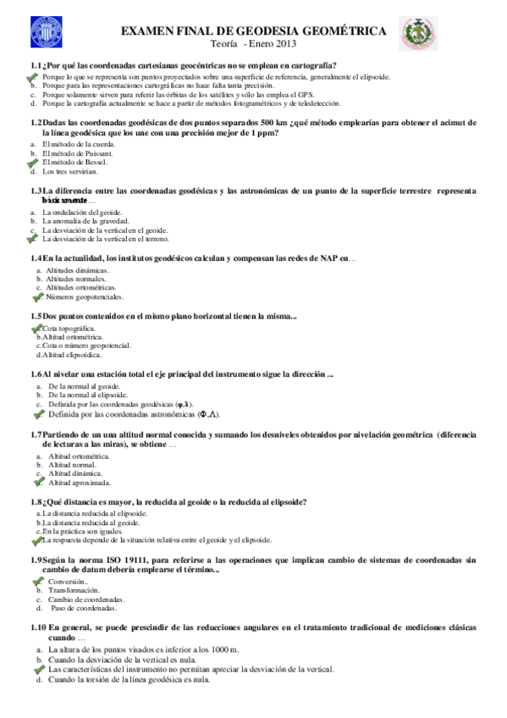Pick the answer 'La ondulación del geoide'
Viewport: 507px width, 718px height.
[82, 212]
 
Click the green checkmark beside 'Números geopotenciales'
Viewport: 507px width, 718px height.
[37, 297]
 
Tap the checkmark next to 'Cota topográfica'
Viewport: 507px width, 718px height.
[37, 329]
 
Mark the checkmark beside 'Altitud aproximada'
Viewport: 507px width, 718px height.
[37, 483]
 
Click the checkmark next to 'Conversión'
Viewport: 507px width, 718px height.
[37, 583]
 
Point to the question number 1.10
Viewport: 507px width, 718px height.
[38, 627]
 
